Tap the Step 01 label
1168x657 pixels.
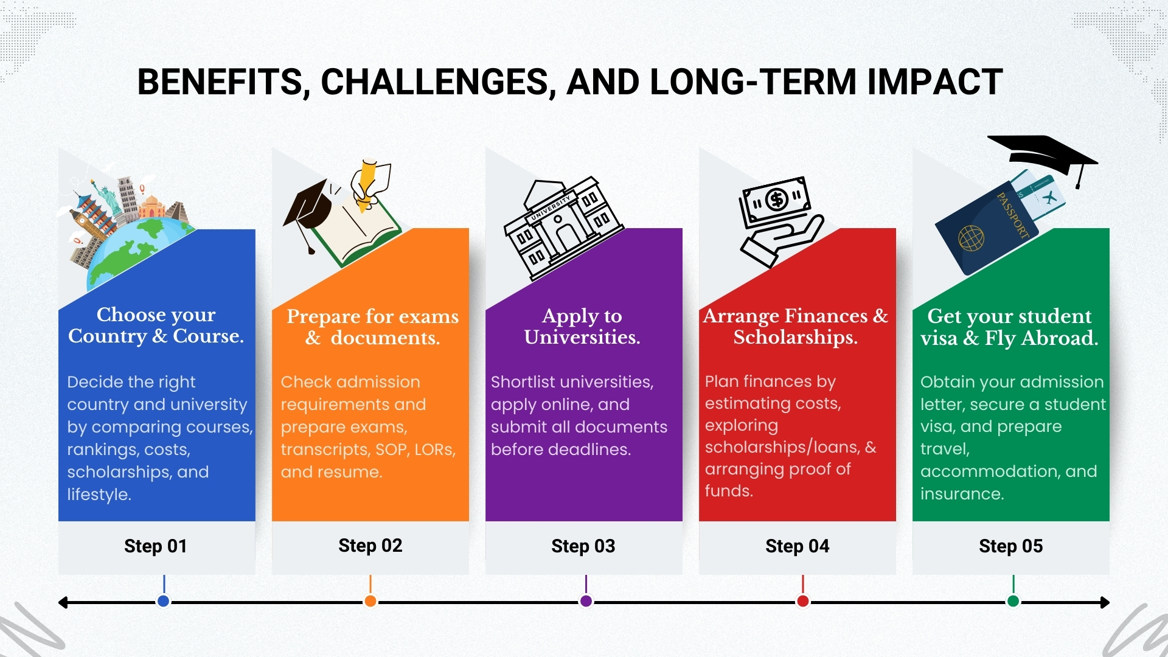(x=156, y=546)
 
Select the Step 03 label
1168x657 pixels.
(x=583, y=546)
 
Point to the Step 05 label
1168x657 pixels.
(x=1011, y=546)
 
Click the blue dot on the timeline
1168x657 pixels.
(x=163, y=601)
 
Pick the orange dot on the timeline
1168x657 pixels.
(x=370, y=601)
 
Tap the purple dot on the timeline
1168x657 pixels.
(x=586, y=601)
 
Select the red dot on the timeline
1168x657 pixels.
(x=803, y=601)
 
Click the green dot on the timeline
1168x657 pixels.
(x=1013, y=601)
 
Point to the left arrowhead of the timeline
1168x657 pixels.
(x=63, y=602)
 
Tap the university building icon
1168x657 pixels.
(x=563, y=228)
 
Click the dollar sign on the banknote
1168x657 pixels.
(x=777, y=200)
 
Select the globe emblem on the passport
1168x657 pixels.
(x=971, y=238)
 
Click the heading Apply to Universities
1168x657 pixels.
(x=582, y=326)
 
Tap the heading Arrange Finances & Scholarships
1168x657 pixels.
(x=796, y=326)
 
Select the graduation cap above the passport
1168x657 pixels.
(x=1043, y=156)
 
